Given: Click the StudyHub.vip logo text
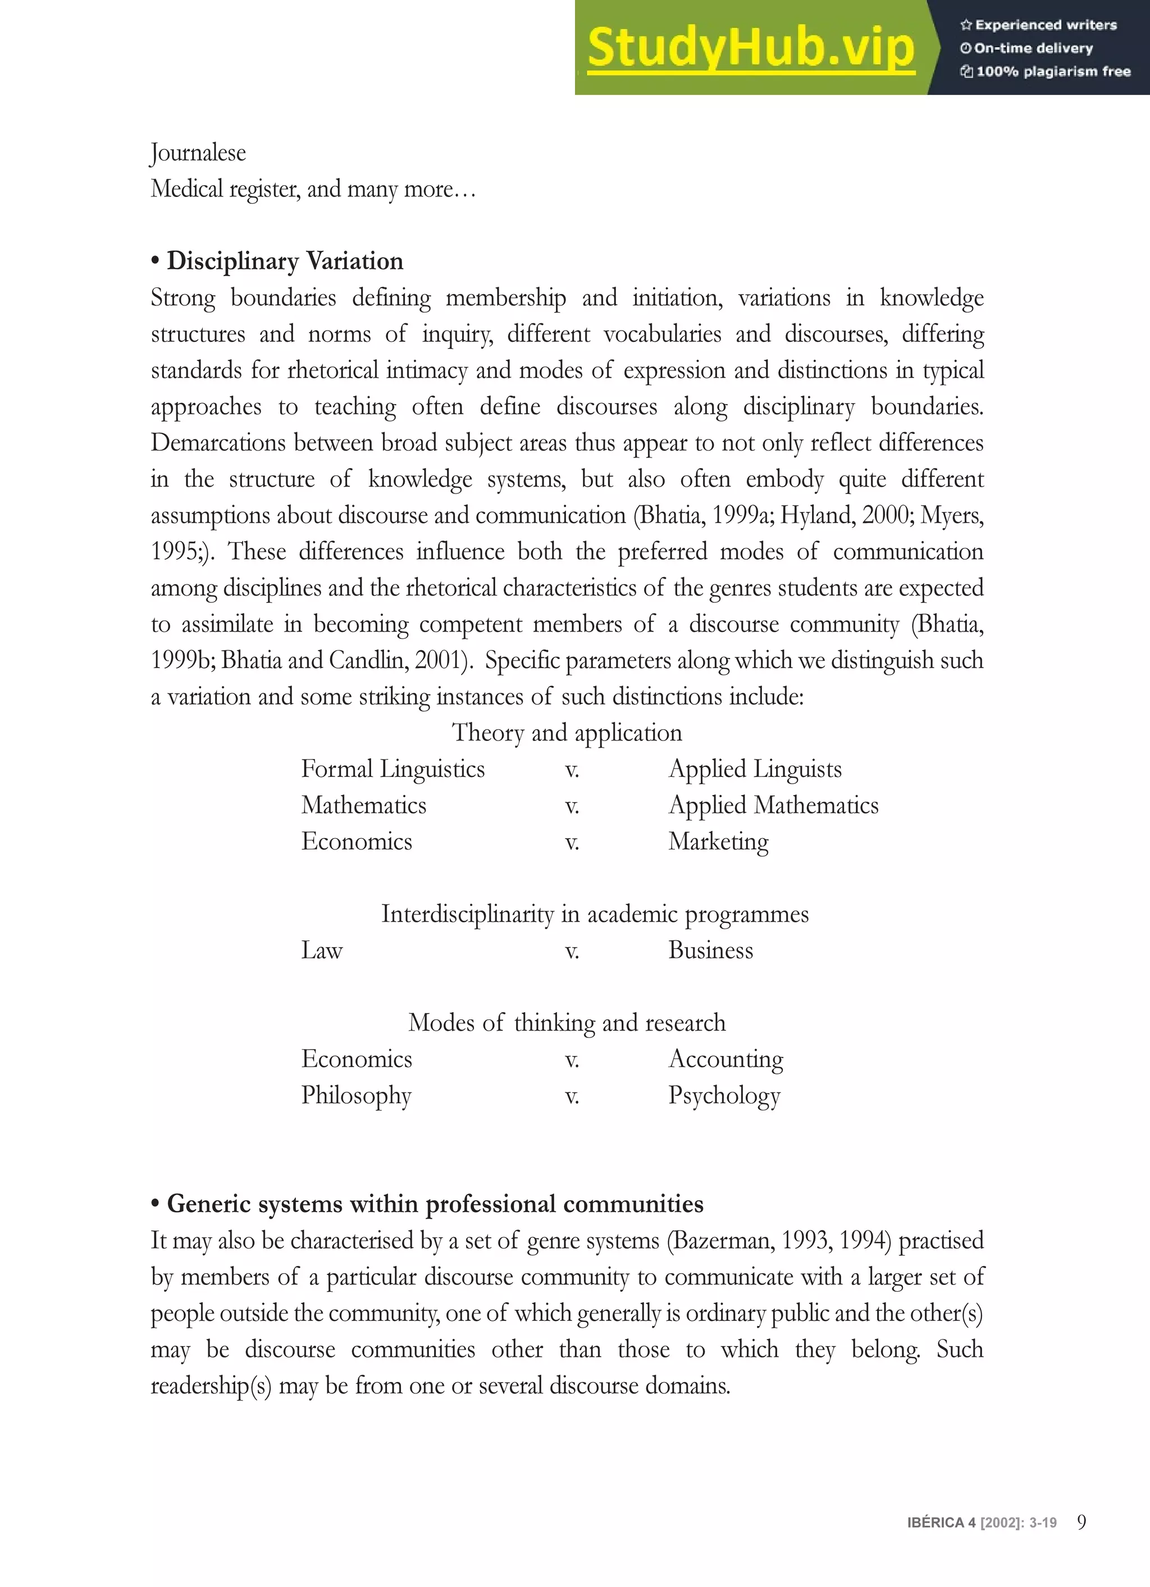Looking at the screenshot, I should click(x=750, y=48).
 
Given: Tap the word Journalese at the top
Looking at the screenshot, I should click(x=198, y=153).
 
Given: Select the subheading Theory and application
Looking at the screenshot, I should click(x=566, y=733).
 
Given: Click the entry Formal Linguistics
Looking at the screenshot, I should click(x=393, y=769).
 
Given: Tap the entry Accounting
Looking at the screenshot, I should click(x=725, y=1059).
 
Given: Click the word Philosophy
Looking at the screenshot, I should click(x=356, y=1096).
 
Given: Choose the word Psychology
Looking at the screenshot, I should click(x=724, y=1096).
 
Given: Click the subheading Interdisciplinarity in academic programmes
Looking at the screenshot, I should click(x=594, y=914).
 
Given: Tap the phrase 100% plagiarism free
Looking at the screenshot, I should click(x=1053, y=71).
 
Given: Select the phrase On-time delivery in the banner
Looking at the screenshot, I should click(x=1033, y=48).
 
